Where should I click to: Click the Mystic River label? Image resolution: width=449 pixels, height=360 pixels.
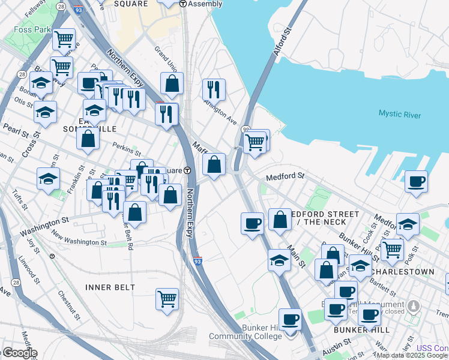400,115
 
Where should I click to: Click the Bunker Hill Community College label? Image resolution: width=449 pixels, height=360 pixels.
245,332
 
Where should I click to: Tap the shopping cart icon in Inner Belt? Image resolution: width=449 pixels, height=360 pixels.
167,298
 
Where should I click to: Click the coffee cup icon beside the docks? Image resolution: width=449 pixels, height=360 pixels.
416,181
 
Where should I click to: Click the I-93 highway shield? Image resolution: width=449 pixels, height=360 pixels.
197,261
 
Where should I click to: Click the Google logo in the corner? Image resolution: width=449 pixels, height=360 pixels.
19,353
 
